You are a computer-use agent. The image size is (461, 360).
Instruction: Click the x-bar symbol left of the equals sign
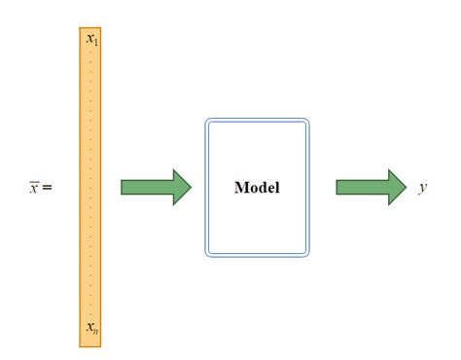point(34,188)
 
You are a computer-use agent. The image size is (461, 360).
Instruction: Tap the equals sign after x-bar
point(47,188)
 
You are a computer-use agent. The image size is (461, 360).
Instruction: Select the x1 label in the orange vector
point(91,40)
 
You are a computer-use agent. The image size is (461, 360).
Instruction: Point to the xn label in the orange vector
point(91,329)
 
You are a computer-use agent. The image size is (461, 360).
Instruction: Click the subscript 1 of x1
point(95,43)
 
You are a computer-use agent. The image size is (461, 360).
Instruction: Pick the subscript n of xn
point(95,332)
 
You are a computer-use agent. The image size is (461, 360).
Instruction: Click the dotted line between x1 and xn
point(91,185)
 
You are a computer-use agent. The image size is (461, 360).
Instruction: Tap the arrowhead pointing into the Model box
point(181,187)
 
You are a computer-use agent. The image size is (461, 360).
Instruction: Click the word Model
point(257,188)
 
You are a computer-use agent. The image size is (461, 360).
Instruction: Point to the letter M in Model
point(240,188)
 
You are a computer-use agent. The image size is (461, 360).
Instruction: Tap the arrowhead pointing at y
point(396,187)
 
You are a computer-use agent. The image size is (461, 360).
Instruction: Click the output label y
point(423,188)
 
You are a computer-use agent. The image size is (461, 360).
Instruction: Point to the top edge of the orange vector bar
point(91,27)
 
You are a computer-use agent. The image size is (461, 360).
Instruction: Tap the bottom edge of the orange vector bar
point(91,345)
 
